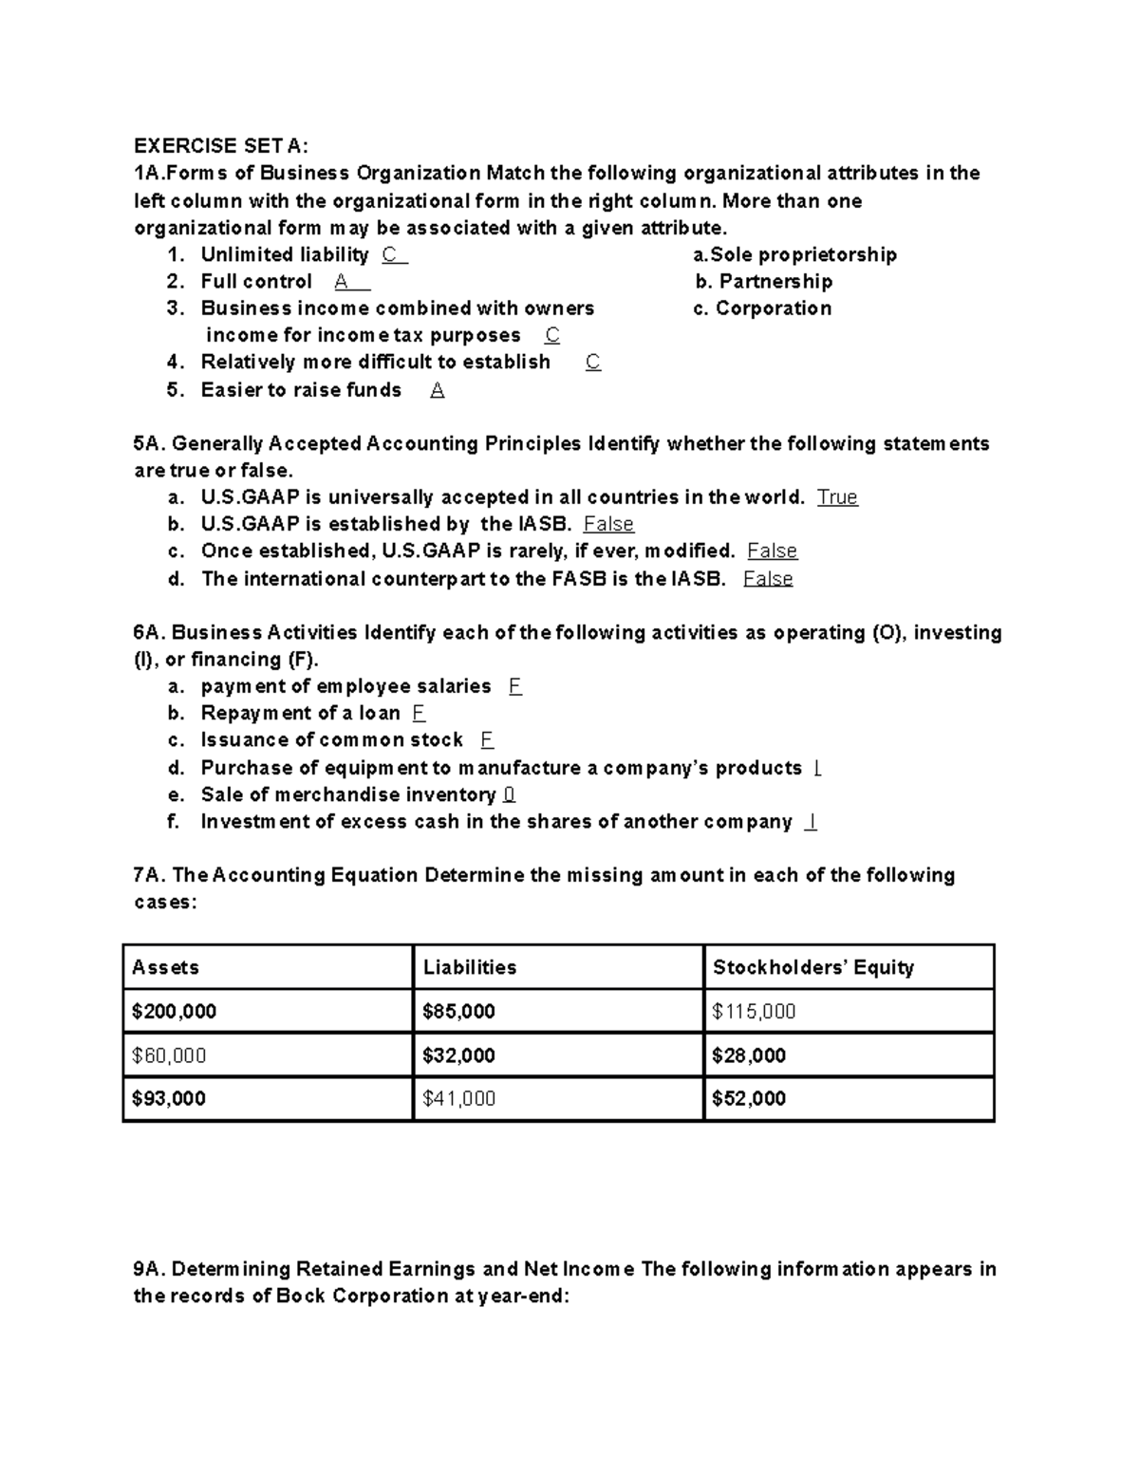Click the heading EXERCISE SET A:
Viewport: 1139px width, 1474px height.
coord(220,145)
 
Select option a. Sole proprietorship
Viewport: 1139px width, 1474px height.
coord(794,254)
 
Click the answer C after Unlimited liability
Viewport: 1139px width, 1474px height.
coord(389,254)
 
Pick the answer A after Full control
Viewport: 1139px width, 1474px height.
coord(342,281)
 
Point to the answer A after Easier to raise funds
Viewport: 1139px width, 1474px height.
coord(437,390)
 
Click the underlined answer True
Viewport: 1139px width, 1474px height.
coord(837,497)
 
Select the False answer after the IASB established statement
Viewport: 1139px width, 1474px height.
coord(608,524)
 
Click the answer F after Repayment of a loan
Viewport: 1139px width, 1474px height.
coord(419,713)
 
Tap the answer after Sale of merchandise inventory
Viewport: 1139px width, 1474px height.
coord(510,794)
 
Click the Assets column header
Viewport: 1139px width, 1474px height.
coord(166,967)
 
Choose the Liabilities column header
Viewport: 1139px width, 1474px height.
coord(470,967)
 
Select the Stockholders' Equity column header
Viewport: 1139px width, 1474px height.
coord(812,967)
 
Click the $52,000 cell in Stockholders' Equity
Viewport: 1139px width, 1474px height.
coord(749,1099)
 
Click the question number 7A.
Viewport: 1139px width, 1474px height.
coord(149,875)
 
